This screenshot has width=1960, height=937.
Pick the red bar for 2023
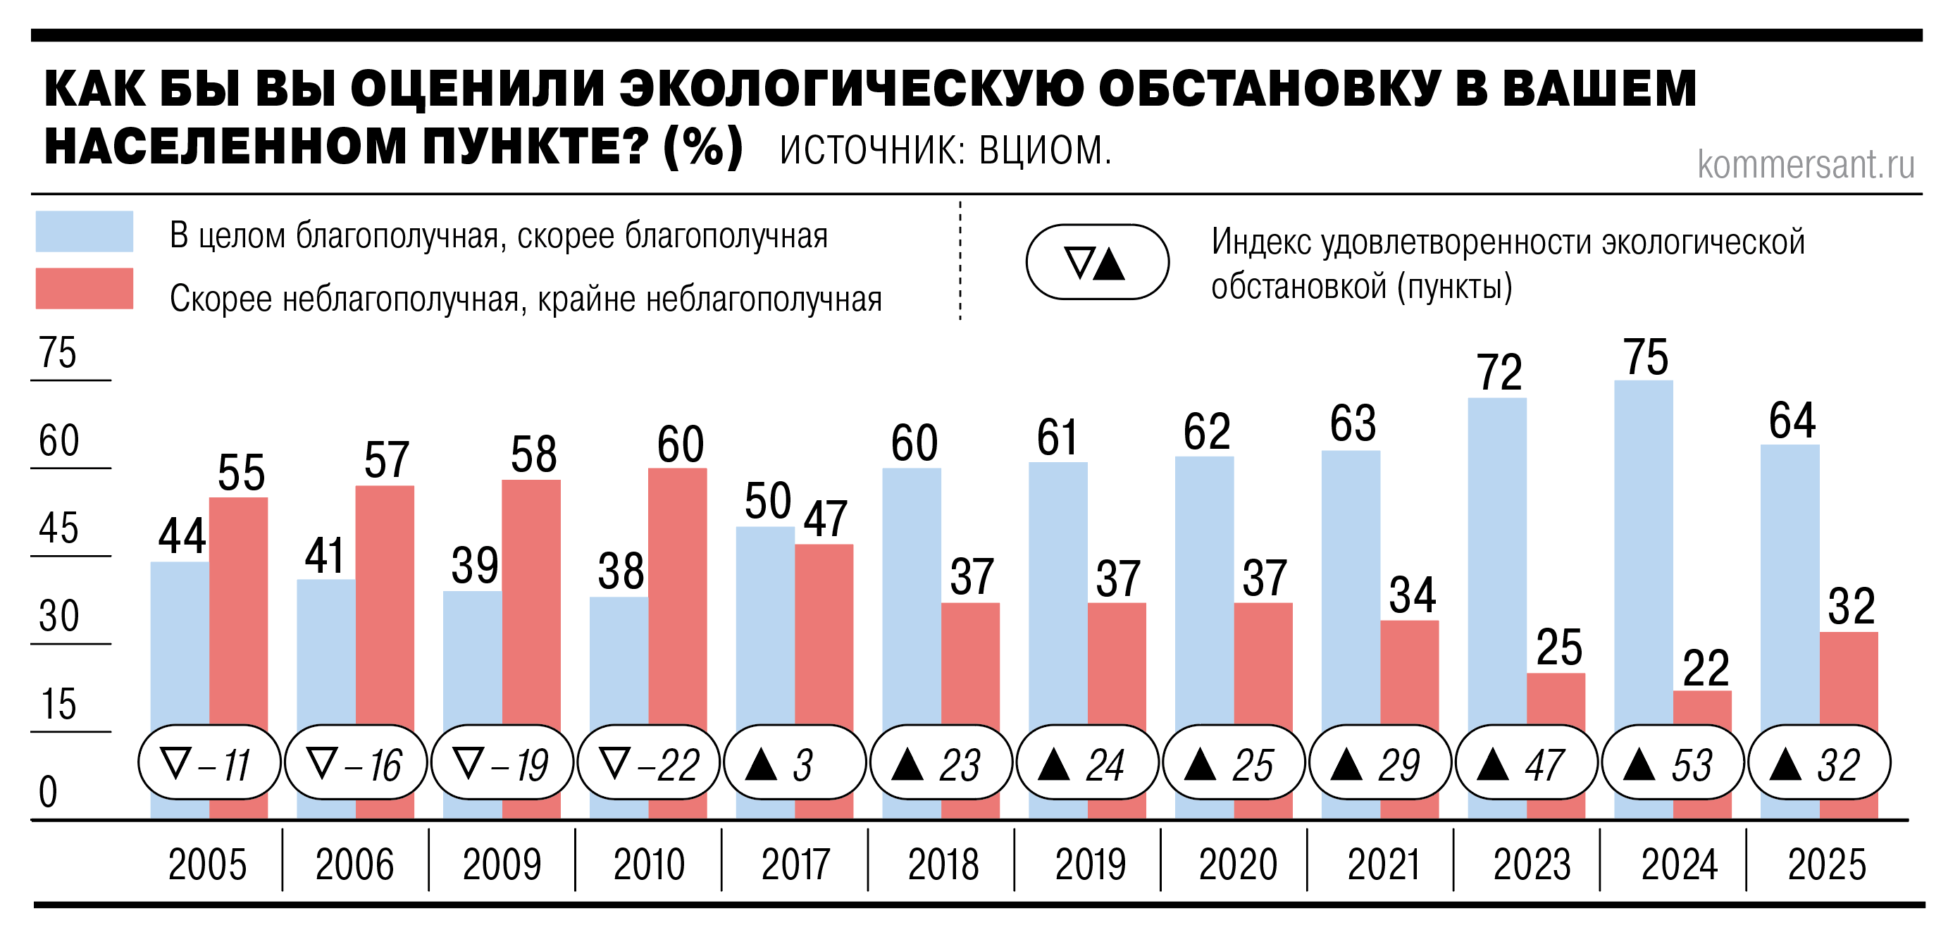pos(1556,700)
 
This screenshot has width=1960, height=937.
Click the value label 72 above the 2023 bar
pos(1499,373)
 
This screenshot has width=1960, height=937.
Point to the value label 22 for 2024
pos(1705,669)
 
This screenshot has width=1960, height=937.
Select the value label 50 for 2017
pos(768,501)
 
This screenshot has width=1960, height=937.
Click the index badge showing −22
pos(649,763)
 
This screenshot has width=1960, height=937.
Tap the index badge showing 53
pos(1673,763)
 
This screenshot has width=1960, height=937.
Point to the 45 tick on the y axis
pos(58,528)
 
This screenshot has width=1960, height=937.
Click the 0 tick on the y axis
pos(48,791)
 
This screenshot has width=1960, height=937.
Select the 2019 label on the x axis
pos(1090,864)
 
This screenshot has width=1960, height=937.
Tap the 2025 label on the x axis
pos(1826,864)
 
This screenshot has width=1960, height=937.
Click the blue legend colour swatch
pos(85,231)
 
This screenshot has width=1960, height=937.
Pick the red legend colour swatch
pos(85,288)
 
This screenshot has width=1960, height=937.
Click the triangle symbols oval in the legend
pos(1097,261)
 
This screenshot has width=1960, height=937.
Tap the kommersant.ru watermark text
pos(1806,164)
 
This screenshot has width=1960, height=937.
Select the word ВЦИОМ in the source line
pos(1045,150)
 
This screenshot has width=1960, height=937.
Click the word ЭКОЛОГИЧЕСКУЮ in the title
pos(850,88)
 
